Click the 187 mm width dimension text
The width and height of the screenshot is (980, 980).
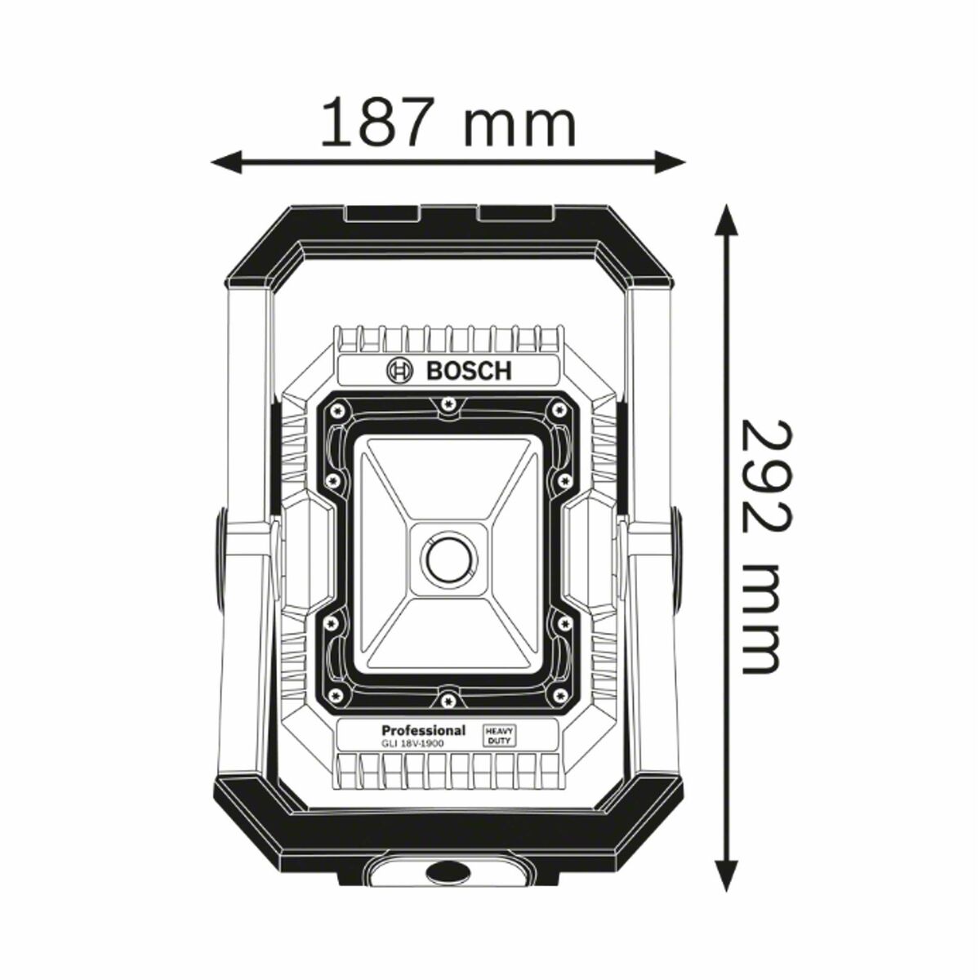(x=448, y=122)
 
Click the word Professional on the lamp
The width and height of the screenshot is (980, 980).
(x=423, y=730)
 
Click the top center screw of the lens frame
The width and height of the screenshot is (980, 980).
(x=447, y=402)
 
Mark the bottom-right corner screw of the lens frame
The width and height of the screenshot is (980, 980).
(x=559, y=694)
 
